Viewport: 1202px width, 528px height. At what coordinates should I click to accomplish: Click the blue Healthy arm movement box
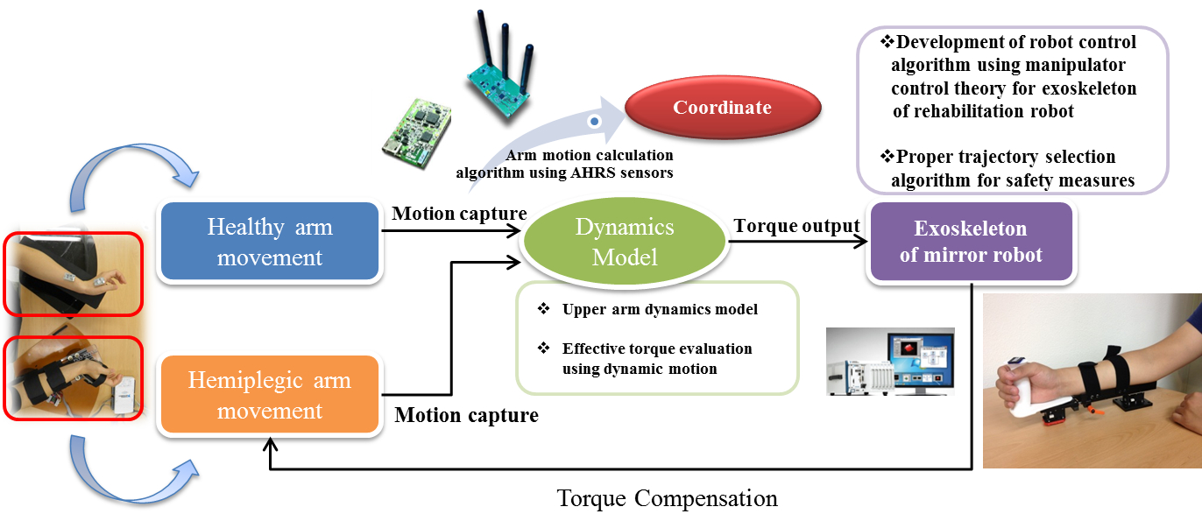click(x=270, y=243)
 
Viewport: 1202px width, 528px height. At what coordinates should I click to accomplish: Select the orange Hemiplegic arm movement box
click(x=270, y=396)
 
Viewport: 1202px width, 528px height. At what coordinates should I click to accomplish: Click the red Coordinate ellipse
click(x=722, y=109)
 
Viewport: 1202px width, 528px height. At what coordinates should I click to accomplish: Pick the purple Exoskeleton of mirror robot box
click(x=970, y=243)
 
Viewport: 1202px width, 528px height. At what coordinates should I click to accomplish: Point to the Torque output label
click(x=796, y=226)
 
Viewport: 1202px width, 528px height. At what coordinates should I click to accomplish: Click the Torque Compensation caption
click(x=667, y=499)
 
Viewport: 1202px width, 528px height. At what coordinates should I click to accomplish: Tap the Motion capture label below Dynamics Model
click(x=466, y=415)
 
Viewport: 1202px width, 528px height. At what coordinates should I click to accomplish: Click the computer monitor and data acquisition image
click(x=890, y=362)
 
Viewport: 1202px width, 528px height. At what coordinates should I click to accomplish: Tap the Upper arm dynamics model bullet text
click(x=660, y=309)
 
